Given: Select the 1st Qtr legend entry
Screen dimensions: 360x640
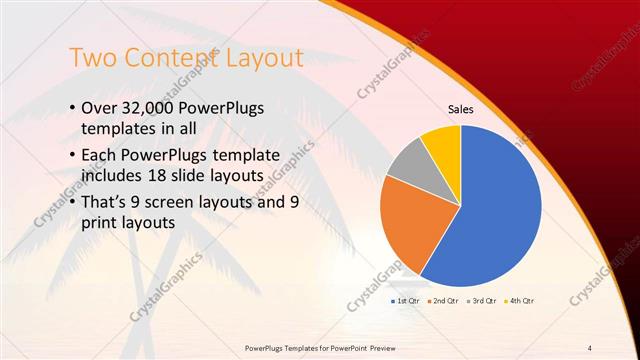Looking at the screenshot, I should click(x=403, y=300).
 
